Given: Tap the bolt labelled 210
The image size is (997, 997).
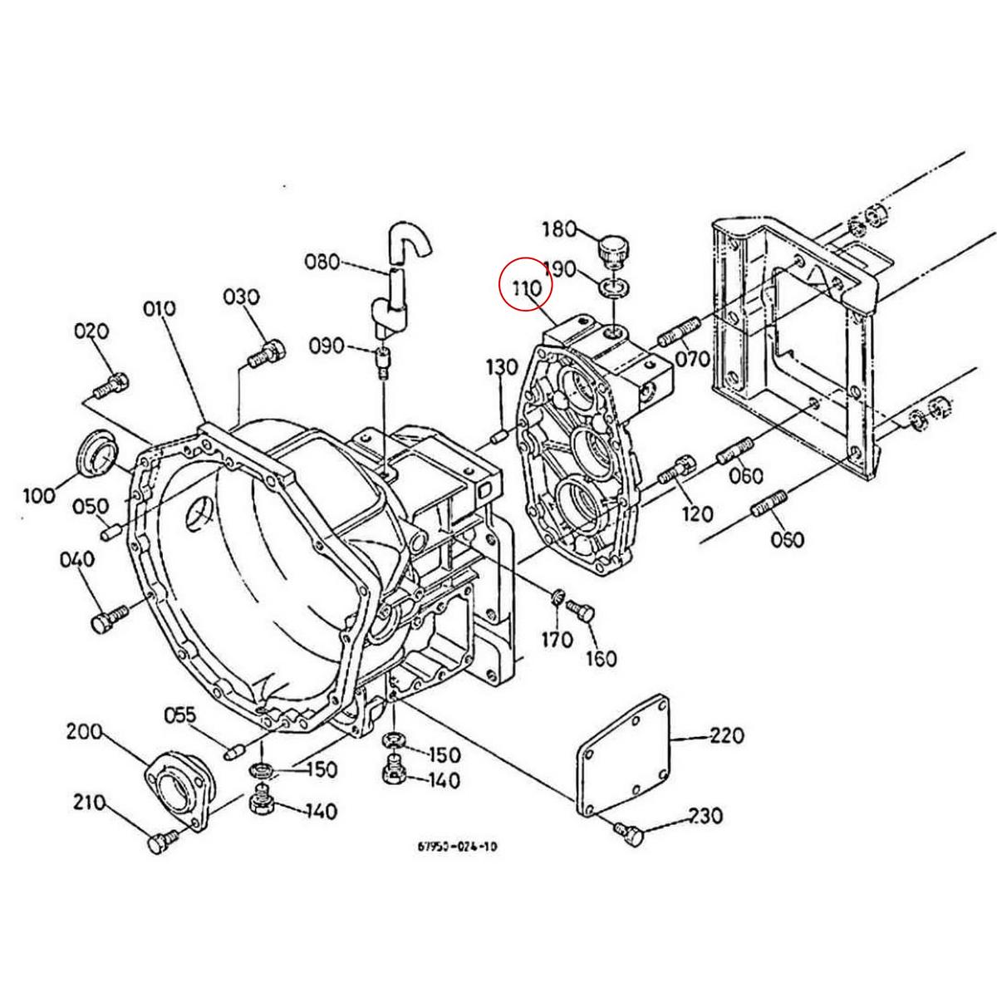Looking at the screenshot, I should click(x=159, y=841).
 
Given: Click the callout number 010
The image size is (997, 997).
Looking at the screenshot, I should click(x=160, y=309).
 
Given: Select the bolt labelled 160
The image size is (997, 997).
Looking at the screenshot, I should click(x=581, y=613).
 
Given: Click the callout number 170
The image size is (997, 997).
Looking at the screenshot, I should click(x=557, y=639).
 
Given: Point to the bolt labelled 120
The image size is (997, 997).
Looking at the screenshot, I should click(x=675, y=470).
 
